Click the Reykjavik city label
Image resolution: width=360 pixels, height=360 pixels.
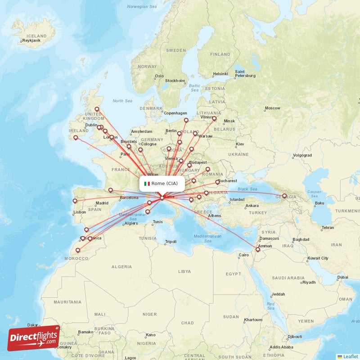coord(31,41)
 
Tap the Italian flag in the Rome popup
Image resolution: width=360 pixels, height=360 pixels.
coord(147,184)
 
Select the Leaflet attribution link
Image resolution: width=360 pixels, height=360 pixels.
coord(350,356)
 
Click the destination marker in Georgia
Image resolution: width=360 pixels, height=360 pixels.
coord(284,196)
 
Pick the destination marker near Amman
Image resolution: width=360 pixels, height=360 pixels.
coord(257,249)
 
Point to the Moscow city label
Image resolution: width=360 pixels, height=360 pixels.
coord(272,108)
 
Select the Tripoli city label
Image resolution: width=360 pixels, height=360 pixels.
coord(171,242)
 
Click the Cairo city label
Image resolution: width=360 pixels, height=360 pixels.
coord(243,255)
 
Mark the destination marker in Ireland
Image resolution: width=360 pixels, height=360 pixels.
coord(76,138)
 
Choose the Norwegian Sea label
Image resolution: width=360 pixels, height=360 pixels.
coord(141,7)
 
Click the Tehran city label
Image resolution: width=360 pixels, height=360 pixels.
coord(328,228)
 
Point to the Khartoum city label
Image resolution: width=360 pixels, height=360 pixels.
coord(252,320)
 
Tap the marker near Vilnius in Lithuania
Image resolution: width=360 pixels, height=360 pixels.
coord(214,119)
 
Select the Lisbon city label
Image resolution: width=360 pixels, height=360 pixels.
coord(80,212)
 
